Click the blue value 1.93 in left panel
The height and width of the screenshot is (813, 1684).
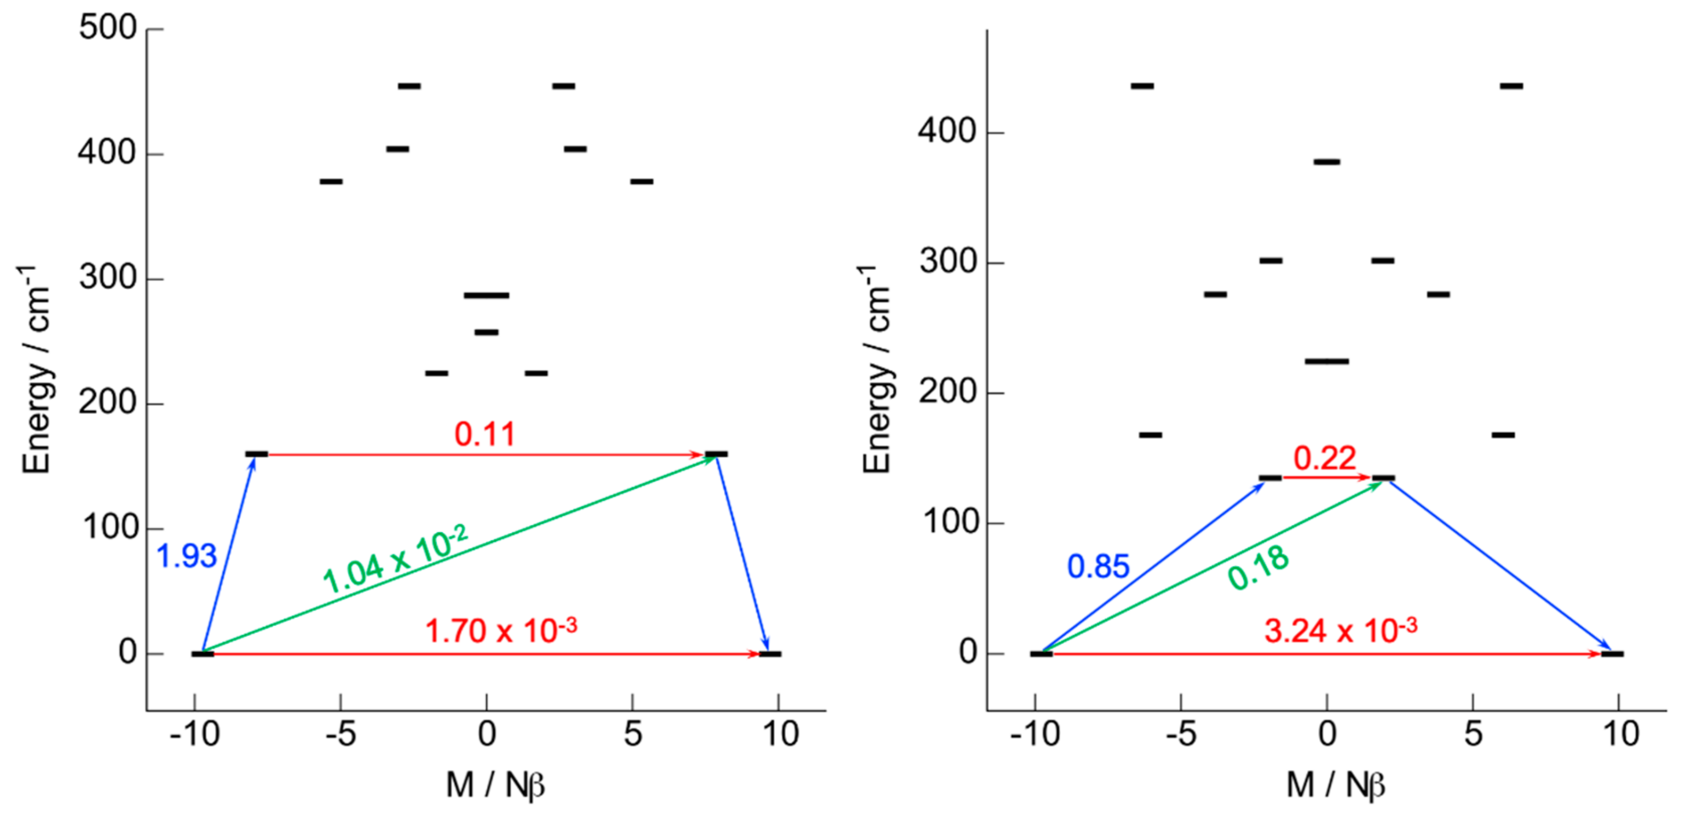tap(186, 556)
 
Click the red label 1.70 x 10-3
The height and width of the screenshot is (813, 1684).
tap(501, 631)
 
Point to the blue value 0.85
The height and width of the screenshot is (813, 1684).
tap(1098, 567)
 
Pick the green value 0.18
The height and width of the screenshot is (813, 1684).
tap(1258, 567)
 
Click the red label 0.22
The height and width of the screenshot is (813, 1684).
tap(1324, 458)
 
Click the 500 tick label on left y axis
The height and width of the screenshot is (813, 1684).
tap(107, 28)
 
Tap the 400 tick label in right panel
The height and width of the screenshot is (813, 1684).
tap(947, 131)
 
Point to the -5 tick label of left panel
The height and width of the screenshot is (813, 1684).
tap(340, 734)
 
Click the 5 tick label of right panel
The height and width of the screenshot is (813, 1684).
tap(1473, 734)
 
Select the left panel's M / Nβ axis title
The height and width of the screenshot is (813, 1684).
tap(495, 785)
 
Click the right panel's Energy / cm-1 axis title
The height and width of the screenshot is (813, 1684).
tap(877, 369)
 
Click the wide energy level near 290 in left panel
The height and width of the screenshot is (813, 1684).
tap(486, 296)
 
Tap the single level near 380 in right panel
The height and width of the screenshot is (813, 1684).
tap(1327, 161)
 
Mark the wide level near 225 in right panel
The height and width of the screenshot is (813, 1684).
tap(1327, 361)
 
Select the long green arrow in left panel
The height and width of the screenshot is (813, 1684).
tap(458, 555)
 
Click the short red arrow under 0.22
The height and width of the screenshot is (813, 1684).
tap(1326, 477)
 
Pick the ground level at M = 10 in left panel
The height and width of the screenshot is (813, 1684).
tap(770, 653)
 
